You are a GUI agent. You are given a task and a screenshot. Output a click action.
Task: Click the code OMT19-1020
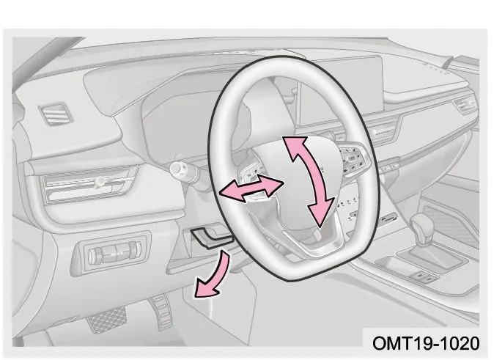pos(426,343)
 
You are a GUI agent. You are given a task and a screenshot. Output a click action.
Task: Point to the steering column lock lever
pos(212,236)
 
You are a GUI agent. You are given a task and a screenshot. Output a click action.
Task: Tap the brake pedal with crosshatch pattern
pos(106,319)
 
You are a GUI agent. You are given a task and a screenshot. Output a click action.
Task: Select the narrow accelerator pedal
pos(161,312)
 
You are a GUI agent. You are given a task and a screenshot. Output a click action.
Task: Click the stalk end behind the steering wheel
pos(178,170)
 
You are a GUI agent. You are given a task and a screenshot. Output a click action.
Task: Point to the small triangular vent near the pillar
pos(56,114)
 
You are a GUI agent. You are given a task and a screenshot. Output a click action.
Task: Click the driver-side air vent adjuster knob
pos(100,182)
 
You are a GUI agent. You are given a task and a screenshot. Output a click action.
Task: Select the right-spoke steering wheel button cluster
pos(354,160)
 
